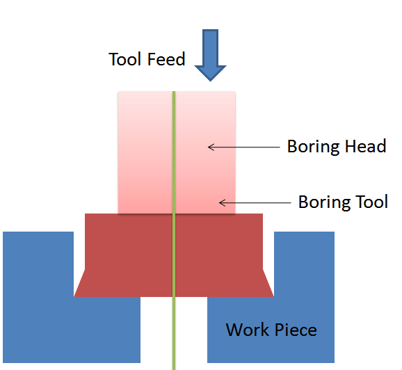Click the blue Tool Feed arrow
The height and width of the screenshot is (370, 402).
210,55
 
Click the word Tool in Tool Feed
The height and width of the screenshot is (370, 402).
125,59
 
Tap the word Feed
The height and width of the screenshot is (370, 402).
166,59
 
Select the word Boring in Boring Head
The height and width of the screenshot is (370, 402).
313,147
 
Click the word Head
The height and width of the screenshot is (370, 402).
365,147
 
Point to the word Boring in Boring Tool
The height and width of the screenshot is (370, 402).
324,203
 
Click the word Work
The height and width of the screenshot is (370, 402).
248,330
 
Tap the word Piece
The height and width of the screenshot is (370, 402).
296,330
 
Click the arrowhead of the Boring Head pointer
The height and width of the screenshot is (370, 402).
208,147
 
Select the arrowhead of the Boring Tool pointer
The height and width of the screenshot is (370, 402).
220,203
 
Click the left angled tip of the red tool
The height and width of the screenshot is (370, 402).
74,296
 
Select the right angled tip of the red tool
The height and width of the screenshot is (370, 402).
273,296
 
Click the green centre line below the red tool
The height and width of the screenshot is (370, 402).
174,333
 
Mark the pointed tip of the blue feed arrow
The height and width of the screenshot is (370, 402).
211,81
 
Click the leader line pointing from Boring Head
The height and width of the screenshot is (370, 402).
244,147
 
